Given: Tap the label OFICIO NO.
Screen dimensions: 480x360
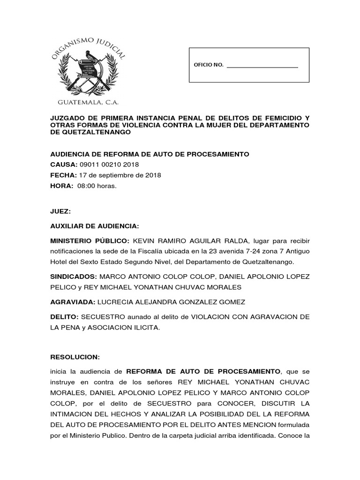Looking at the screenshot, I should [209, 65].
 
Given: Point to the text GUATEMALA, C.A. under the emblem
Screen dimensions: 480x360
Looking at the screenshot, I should [88, 102].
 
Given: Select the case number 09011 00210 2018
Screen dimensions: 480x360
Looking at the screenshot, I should [109, 165].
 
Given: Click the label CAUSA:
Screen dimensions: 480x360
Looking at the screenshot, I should [64, 165].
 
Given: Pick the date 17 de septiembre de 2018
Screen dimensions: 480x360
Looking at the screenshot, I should [120, 175].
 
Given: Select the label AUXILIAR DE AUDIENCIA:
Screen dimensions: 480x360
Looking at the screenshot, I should [95, 226].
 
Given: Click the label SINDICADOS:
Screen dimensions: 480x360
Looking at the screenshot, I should [73, 277].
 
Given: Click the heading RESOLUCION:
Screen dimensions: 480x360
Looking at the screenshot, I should [75, 357].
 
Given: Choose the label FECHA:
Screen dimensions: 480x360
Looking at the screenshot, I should [63, 175].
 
